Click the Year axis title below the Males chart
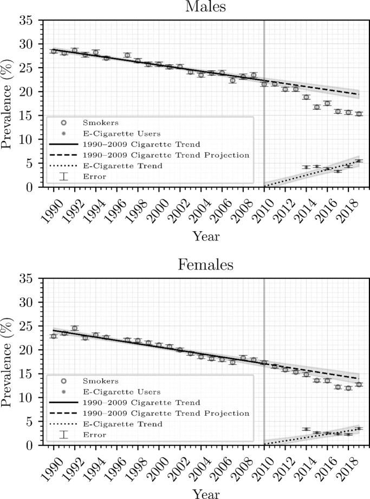pos(205,236)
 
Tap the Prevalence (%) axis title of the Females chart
pos(9,362)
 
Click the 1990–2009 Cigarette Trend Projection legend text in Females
pos(166,413)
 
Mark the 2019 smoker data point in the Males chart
pos(359,114)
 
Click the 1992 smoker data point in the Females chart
pos(75,328)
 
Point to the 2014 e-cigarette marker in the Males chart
pos(306,167)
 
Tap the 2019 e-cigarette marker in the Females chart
pos(359,428)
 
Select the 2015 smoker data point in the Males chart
pos(316,107)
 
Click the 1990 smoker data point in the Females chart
pos(54,336)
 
